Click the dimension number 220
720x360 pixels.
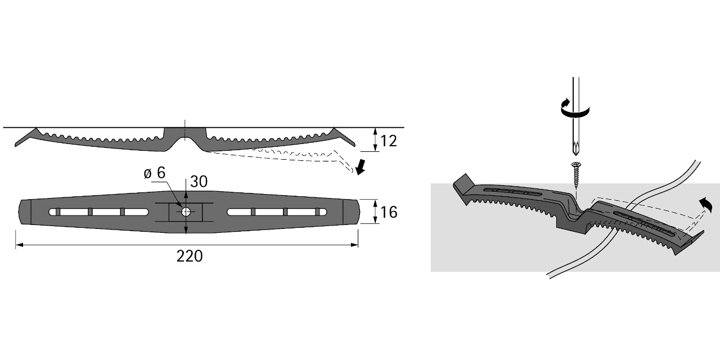tap(190, 256)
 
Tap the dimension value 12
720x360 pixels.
tap(389, 141)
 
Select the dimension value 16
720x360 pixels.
tap(389, 212)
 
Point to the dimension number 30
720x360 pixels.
tap(199, 182)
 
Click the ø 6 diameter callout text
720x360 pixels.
tap(155, 173)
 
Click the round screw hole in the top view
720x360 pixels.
tap(186, 212)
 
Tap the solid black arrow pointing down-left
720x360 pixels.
tap(361, 167)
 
